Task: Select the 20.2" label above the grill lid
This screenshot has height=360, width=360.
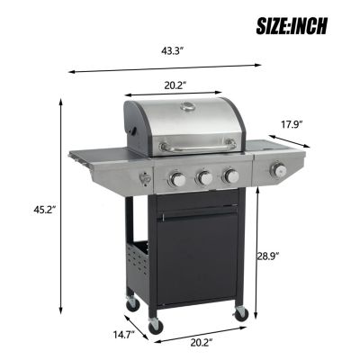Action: [175, 85]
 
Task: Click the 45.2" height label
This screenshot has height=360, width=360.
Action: [32, 209]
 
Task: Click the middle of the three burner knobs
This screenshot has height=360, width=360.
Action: [205, 177]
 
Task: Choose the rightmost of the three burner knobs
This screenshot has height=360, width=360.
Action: [230, 175]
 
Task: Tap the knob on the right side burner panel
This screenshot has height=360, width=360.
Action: [279, 170]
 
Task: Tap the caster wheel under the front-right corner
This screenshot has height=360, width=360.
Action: [240, 312]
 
